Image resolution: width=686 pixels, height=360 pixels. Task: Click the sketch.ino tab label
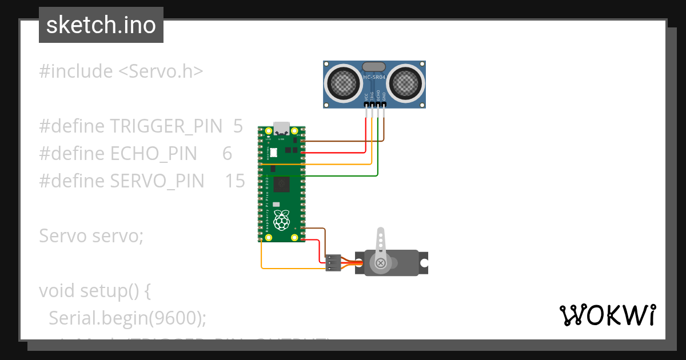(x=101, y=25)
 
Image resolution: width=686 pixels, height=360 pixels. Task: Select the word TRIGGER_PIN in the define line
(x=166, y=126)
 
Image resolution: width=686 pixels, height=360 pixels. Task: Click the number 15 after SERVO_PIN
(x=234, y=181)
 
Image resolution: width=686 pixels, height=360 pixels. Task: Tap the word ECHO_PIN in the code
(x=153, y=154)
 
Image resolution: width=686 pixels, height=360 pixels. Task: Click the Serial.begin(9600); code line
(x=127, y=318)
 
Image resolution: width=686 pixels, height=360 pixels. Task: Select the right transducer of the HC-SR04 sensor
(x=406, y=82)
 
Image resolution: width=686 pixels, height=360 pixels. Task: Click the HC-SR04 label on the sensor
(x=374, y=75)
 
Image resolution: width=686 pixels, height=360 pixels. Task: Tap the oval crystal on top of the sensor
(x=374, y=67)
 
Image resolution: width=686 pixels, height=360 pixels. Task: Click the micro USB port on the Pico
(x=281, y=127)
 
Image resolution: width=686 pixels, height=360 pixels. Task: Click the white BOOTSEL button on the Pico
(x=273, y=153)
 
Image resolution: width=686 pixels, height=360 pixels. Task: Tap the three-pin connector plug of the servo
(x=333, y=263)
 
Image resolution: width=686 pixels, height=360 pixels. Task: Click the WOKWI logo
(x=607, y=315)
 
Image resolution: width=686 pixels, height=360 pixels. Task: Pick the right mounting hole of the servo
(x=424, y=263)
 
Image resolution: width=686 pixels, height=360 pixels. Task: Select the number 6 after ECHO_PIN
(x=227, y=154)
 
